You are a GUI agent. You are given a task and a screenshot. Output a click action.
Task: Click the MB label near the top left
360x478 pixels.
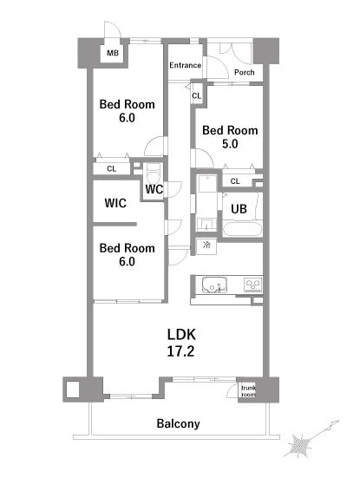pos(113,53)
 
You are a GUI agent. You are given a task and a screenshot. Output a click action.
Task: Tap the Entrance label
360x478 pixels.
pos(185,65)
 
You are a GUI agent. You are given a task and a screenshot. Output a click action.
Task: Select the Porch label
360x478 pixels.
pos(244,73)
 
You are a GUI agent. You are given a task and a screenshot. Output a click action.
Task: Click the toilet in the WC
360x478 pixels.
pos(154,174)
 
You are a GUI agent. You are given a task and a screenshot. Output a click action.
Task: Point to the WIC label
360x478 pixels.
pos(115,203)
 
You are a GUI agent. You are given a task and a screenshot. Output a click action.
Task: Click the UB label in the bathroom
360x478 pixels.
pos(239,209)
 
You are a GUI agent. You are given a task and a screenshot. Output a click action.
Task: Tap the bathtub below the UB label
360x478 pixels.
pos(242,229)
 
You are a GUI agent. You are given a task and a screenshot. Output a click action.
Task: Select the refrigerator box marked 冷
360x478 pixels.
pos(206,246)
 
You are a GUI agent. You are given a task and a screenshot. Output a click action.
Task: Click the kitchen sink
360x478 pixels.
pos(214,285)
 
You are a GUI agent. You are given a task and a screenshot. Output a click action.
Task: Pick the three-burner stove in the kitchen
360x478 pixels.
pos(253,285)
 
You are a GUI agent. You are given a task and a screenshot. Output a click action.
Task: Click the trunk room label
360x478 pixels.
pos(248,391)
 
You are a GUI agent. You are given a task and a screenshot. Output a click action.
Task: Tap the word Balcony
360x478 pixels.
pos(179,423)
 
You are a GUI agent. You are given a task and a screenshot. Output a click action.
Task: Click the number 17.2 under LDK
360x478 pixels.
pos(180,351)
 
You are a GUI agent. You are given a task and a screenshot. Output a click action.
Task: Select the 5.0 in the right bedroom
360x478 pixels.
pos(230,144)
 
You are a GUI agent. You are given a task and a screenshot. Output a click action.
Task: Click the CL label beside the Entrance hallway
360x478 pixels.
pos(197,96)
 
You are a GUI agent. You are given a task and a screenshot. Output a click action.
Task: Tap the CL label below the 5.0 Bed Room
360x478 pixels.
pos(235,181)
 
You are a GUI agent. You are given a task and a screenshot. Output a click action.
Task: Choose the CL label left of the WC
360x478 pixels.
pos(112,168)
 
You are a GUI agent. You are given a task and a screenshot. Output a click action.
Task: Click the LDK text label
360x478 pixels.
pos(181,335)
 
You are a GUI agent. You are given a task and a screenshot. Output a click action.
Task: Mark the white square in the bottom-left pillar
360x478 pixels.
pos(73,390)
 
